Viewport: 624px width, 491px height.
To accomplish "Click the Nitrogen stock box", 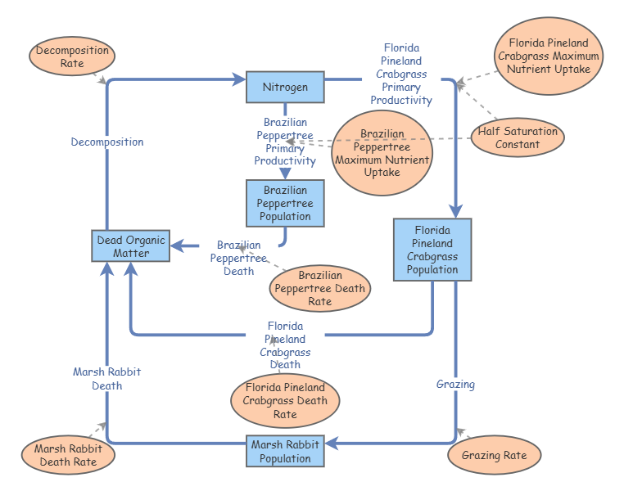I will pyautogui.click(x=285, y=87).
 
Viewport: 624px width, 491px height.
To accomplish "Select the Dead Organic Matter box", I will pyautogui.click(x=131, y=246).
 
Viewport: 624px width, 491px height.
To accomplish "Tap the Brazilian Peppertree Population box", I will pyautogui.click(x=285, y=204).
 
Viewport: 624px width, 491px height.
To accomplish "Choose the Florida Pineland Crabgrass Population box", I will pyautogui.click(x=432, y=250).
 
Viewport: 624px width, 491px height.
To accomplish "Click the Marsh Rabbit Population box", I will pyautogui.click(x=285, y=452).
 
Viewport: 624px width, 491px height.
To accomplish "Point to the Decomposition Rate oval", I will pyautogui.click(x=72, y=56).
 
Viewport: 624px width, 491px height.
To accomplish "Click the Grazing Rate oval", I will pyautogui.click(x=495, y=455).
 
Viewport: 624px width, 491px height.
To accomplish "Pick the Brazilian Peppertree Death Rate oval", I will pyautogui.click(x=320, y=288).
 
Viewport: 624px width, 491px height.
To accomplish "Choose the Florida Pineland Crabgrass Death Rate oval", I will pyautogui.click(x=285, y=401).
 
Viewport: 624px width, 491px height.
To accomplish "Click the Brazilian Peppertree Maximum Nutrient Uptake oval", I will pyautogui.click(x=382, y=153).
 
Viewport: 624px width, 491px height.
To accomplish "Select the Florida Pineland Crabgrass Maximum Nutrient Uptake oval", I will pyautogui.click(x=549, y=56).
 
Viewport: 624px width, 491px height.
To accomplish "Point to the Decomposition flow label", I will pyautogui.click(x=107, y=142).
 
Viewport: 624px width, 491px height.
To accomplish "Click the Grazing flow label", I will pyautogui.click(x=455, y=384).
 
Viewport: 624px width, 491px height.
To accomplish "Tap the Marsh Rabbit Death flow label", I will pyautogui.click(x=107, y=378).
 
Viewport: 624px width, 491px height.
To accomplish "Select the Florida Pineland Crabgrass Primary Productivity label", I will pyautogui.click(x=401, y=74).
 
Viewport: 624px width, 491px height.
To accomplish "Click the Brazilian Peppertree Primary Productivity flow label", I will pyautogui.click(x=285, y=142).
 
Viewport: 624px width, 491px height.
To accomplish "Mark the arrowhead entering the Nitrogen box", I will pyautogui.click(x=240, y=80).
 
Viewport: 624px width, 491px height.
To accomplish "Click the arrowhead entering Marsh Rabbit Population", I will pyautogui.click(x=332, y=444).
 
